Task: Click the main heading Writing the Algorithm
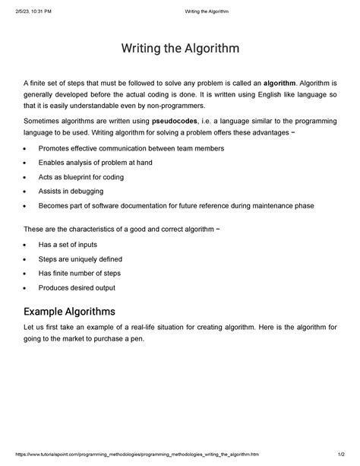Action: (x=180, y=49)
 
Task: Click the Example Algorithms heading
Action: (x=69, y=312)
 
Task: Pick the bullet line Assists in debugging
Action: (x=74, y=192)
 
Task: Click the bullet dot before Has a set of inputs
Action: (x=27, y=246)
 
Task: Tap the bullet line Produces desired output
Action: (x=77, y=288)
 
